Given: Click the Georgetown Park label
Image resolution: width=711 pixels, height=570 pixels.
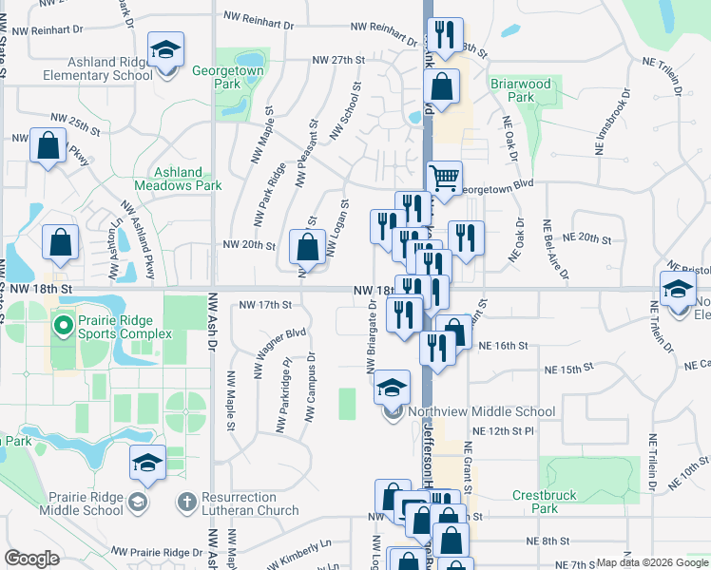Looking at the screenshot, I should pyautogui.click(x=229, y=77).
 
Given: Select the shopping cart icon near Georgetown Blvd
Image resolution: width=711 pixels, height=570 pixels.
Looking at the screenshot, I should pyautogui.click(x=444, y=177).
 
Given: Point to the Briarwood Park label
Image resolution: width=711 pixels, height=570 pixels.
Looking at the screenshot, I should pyautogui.click(x=520, y=90).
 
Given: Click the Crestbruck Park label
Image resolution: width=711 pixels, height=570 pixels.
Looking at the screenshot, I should pyautogui.click(x=548, y=502).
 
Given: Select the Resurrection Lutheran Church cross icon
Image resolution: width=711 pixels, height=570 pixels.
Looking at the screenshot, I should pyautogui.click(x=186, y=500).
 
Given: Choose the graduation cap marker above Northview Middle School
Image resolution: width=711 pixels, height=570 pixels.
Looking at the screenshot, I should pyautogui.click(x=392, y=386).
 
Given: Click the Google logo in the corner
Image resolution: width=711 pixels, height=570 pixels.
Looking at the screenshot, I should pyautogui.click(x=31, y=559).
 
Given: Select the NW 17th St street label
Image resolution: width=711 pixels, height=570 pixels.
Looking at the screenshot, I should pyautogui.click(x=263, y=305).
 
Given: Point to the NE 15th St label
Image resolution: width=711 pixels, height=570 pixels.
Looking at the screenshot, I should pyautogui.click(x=568, y=367).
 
